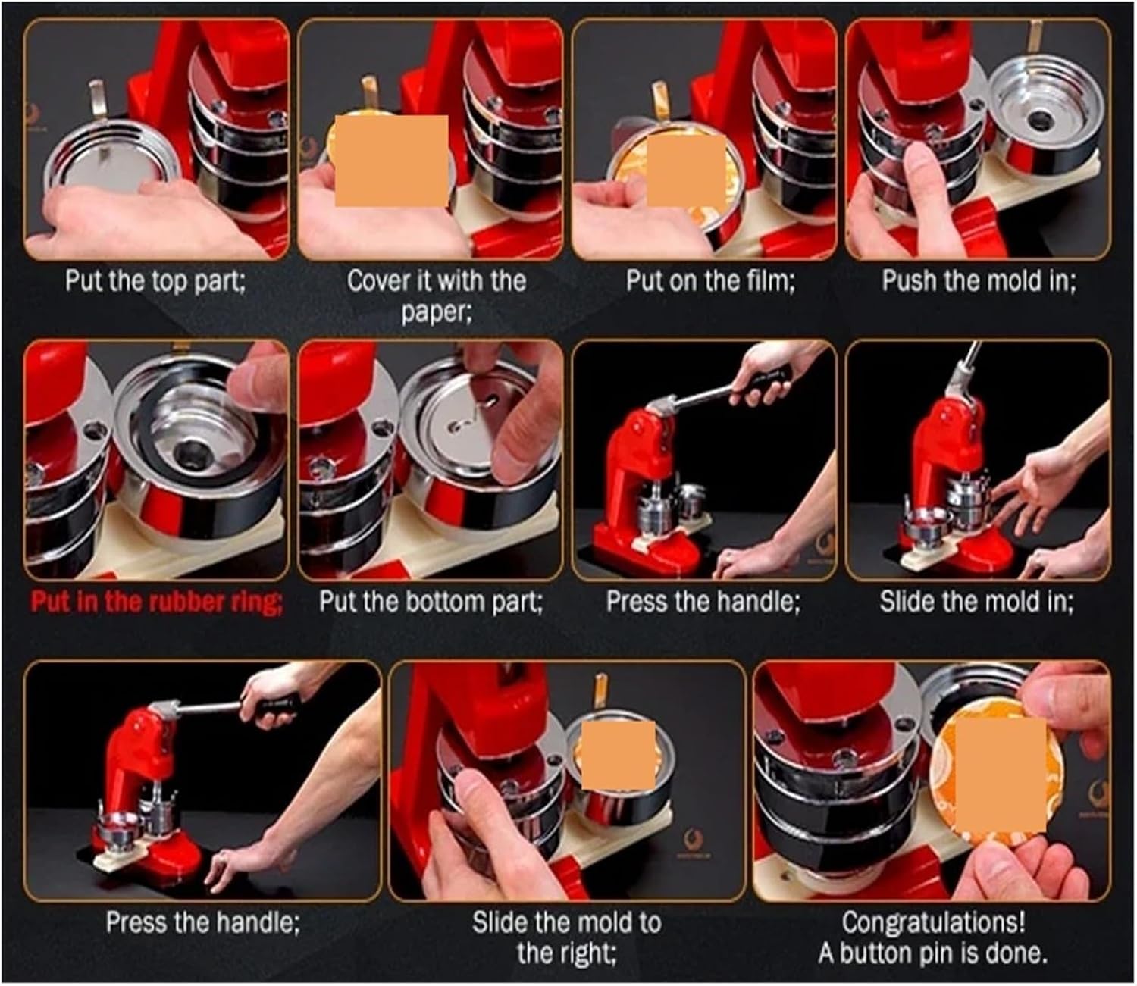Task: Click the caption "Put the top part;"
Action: [x=156, y=281]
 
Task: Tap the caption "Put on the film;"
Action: [x=711, y=281]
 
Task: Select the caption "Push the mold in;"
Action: [x=979, y=281]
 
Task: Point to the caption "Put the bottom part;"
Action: [x=431, y=603]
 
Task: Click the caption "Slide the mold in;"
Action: [x=976, y=603]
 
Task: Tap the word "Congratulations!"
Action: [x=934, y=923]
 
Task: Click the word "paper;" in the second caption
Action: [x=437, y=313]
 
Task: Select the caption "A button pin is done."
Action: [x=933, y=953]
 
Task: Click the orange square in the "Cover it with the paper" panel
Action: [x=392, y=161]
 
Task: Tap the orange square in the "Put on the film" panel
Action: [x=687, y=170]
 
